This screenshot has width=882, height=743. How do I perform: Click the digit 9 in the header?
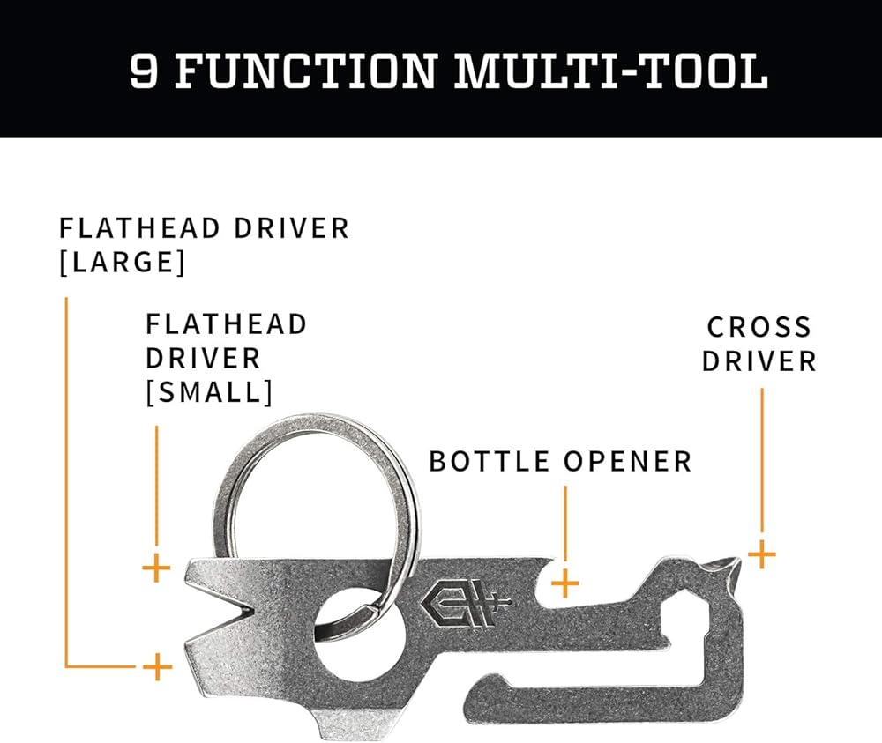coord(145,70)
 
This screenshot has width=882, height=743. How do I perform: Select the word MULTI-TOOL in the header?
coord(609,70)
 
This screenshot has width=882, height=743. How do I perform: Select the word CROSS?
coord(759,327)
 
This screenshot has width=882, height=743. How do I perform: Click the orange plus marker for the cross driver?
coord(761,555)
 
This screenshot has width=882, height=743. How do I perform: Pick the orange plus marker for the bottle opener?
coord(565,582)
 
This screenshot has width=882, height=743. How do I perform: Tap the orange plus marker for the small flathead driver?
coord(156,568)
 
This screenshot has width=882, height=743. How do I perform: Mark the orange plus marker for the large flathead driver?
coord(157,666)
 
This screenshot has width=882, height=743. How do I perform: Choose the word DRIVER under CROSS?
coord(759,361)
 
